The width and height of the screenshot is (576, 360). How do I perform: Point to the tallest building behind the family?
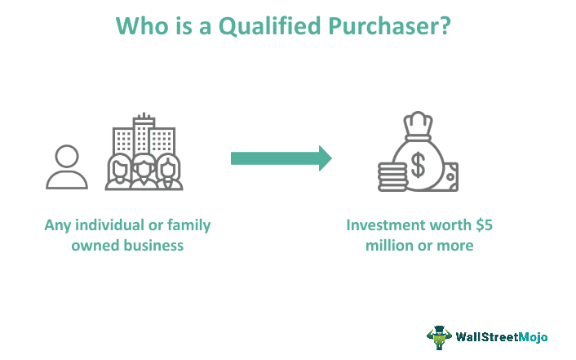click(144, 135)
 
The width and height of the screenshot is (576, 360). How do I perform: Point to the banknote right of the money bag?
click(450, 176)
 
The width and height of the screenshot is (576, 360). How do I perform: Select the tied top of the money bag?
click(419, 128)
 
